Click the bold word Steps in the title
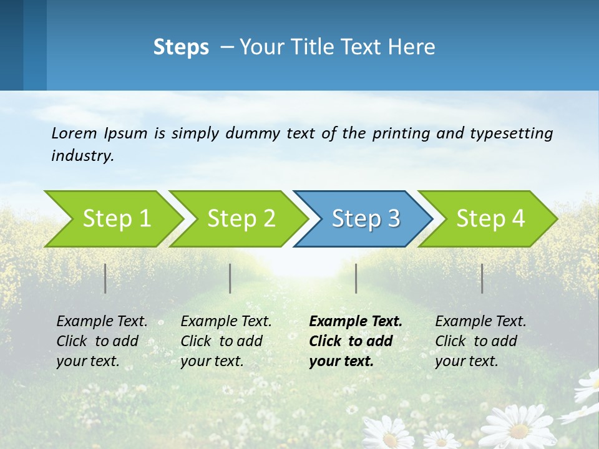(181, 47)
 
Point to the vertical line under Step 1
(105, 278)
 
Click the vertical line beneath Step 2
(230, 278)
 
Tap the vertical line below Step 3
(356, 278)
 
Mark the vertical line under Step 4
(482, 278)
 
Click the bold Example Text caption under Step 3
(356, 341)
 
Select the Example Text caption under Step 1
(102, 341)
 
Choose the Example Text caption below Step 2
(226, 341)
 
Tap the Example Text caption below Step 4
(480, 341)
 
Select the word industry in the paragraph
(81, 156)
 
